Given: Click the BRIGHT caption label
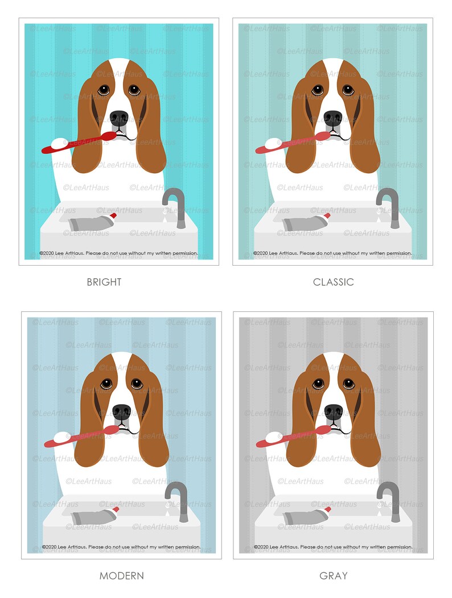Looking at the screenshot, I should click(x=104, y=282).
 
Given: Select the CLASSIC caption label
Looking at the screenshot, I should click(x=333, y=282).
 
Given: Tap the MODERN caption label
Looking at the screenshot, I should click(x=122, y=576).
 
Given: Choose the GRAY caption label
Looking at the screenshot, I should click(x=333, y=576).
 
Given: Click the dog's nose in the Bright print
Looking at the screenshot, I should click(x=119, y=118).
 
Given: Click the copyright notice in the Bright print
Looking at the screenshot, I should click(x=118, y=253).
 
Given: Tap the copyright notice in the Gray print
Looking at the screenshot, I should click(x=333, y=547).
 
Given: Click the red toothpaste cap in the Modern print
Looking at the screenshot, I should click(x=116, y=508).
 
